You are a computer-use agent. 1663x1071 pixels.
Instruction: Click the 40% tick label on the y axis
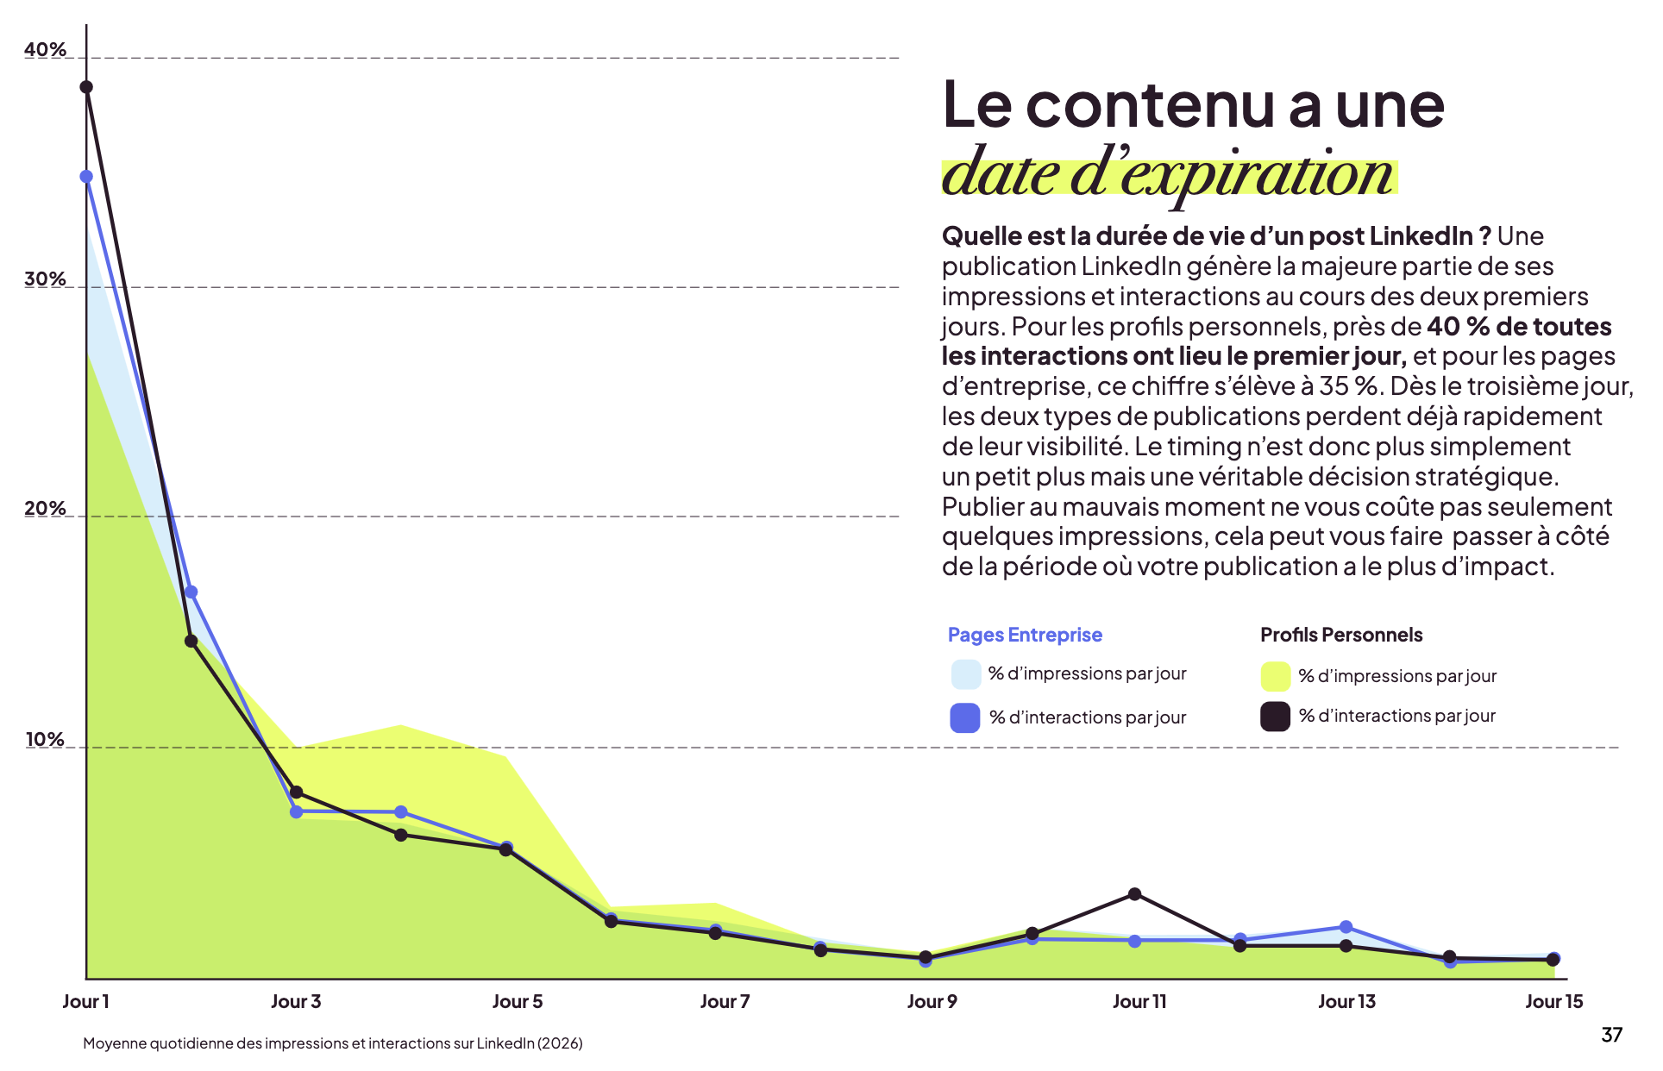point(45,50)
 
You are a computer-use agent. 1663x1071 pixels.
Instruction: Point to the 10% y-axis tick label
point(45,740)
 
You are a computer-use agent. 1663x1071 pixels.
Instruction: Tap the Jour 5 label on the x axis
point(518,1002)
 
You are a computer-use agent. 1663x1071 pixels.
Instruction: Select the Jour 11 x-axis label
point(1139,1002)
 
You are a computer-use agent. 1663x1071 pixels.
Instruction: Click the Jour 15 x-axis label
point(1553,1002)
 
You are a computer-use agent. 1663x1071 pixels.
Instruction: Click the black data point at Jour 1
point(86,87)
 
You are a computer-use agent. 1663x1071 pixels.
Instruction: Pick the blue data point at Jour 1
point(86,177)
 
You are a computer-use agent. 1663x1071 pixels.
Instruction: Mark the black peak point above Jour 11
point(1135,894)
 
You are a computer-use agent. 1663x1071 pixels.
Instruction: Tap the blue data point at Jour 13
point(1346,927)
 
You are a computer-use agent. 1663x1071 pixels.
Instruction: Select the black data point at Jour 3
point(297,792)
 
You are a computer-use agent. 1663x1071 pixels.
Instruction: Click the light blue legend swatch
point(966,674)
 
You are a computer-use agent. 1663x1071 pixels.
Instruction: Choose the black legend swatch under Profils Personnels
point(1275,717)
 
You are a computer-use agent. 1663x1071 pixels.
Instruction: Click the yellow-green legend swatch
point(1275,677)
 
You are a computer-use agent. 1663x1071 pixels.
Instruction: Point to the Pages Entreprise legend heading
point(1025,636)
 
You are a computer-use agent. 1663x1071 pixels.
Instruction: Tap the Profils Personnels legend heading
point(1341,636)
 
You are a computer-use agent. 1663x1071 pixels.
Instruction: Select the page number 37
point(1611,1035)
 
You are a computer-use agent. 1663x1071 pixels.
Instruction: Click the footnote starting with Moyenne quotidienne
point(333,1043)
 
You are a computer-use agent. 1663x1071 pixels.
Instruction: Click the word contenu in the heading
point(1151,105)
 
